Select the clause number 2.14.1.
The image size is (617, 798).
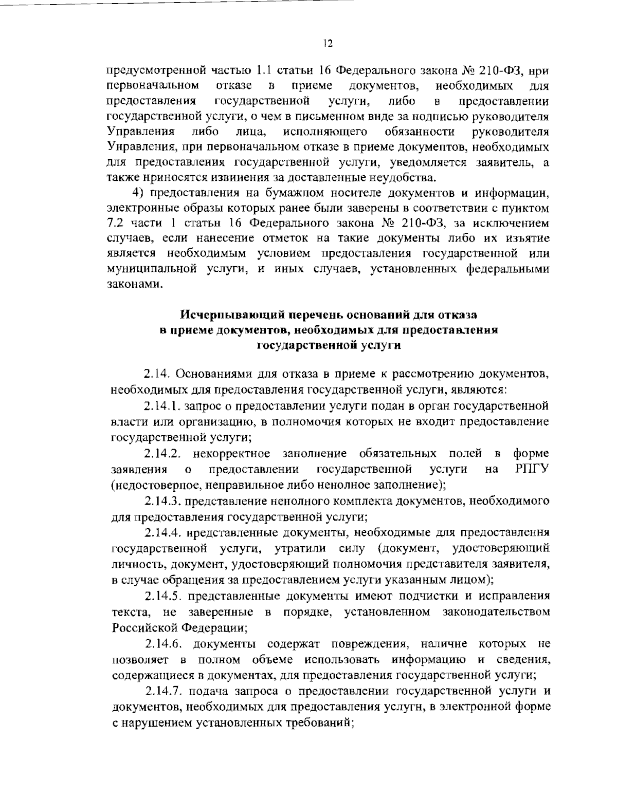[x=161, y=406]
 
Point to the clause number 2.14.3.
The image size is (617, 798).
[x=161, y=500]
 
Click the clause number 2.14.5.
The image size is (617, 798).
[x=161, y=596]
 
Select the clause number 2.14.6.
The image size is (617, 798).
[x=161, y=643]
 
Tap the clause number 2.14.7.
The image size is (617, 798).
[x=161, y=691]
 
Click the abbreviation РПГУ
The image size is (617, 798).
[x=532, y=469]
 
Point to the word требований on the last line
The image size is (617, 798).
[x=315, y=722]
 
